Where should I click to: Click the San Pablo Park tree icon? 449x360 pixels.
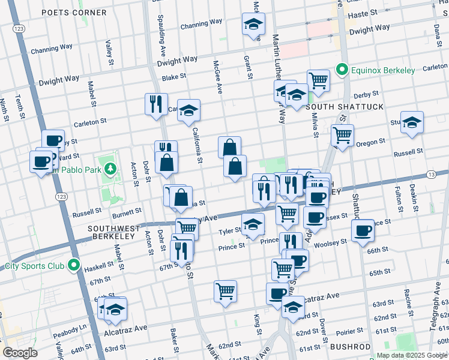click(110, 169)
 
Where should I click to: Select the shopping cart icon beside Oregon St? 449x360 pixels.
click(342, 135)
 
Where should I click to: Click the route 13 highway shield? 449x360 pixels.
click(431, 174)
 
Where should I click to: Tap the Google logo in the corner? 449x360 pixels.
click(20, 353)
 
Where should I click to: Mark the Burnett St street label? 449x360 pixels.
click(127, 211)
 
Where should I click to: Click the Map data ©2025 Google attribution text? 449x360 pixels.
click(412, 355)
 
